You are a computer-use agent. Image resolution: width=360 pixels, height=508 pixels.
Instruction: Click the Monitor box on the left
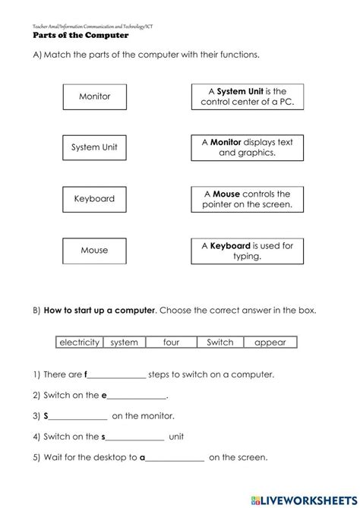(x=94, y=96)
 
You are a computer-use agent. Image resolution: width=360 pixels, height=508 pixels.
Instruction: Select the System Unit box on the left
(x=94, y=147)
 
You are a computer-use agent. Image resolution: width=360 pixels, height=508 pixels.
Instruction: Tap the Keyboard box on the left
(x=94, y=199)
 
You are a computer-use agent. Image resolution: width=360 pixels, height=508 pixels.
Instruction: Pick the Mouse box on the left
(x=94, y=250)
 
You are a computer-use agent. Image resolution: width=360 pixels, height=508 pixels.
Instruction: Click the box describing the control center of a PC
(x=247, y=96)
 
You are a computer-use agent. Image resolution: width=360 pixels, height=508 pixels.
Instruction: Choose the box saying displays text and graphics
(x=247, y=147)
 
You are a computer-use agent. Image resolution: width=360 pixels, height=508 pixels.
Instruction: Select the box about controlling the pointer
(x=247, y=199)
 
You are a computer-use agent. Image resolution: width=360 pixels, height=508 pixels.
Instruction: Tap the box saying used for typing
(x=247, y=250)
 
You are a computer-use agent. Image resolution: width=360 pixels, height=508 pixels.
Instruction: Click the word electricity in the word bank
(x=79, y=342)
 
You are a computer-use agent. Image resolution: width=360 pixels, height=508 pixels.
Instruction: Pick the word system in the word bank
(x=124, y=342)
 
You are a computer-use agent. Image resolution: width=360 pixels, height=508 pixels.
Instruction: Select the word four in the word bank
(x=171, y=342)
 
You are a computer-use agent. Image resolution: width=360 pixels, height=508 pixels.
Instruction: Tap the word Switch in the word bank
(x=220, y=342)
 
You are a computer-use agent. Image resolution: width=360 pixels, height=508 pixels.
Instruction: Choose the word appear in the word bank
(x=270, y=342)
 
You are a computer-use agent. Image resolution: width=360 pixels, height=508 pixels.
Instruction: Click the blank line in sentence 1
(x=117, y=376)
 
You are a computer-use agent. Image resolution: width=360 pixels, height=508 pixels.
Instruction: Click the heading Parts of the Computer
(x=81, y=35)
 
